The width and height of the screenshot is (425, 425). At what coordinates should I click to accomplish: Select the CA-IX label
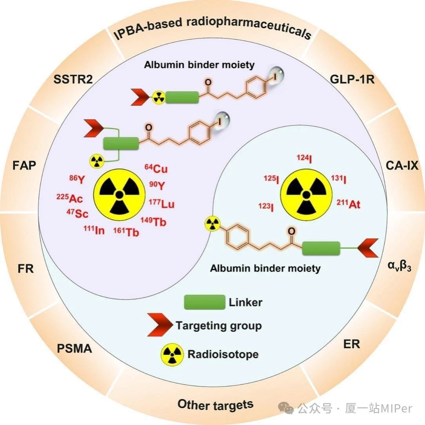(x=402, y=166)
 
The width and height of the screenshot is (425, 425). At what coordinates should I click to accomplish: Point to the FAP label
(x=24, y=166)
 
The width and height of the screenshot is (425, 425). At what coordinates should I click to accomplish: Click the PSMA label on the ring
(x=74, y=348)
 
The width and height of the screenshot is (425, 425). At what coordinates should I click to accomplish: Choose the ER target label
(x=351, y=344)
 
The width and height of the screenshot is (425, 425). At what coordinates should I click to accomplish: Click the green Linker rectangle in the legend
(x=205, y=302)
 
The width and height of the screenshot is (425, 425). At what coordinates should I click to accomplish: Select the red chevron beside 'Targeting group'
(x=160, y=325)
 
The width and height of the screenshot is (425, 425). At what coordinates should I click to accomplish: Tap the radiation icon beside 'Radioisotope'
(x=171, y=354)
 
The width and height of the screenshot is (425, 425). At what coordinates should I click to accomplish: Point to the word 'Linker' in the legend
(x=245, y=302)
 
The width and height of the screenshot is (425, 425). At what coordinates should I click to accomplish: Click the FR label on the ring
(x=25, y=269)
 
